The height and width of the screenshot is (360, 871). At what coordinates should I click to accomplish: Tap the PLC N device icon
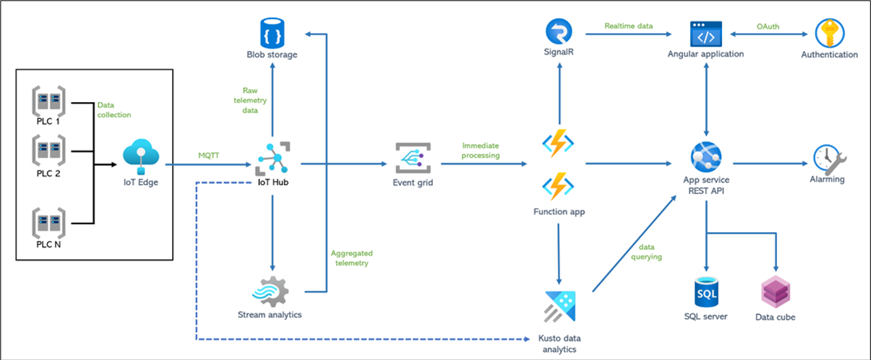[x=48, y=223]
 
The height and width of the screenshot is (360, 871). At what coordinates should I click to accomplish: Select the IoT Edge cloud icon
[x=142, y=157]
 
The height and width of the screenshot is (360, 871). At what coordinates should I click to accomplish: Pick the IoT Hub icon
[x=273, y=159]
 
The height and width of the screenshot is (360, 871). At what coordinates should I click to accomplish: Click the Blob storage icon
[x=272, y=31]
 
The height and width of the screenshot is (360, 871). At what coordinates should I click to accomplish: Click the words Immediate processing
[x=480, y=150]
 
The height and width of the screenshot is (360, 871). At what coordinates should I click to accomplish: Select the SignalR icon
[x=559, y=32]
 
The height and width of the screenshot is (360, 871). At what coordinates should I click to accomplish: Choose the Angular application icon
[x=706, y=33]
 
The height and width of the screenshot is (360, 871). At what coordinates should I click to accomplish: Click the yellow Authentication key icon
[x=829, y=33]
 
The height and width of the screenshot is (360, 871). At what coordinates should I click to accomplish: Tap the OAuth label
[x=768, y=27]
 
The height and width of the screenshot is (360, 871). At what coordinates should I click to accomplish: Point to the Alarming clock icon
[x=827, y=159]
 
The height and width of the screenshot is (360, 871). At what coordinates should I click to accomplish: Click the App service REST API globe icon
[x=706, y=157]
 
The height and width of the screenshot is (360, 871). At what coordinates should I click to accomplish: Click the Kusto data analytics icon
[x=559, y=307]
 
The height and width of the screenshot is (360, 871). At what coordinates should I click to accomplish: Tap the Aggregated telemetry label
[x=351, y=258]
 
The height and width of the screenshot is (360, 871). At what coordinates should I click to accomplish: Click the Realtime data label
[x=628, y=27]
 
